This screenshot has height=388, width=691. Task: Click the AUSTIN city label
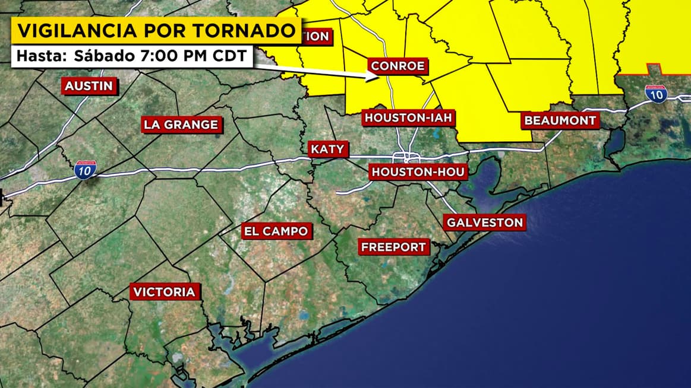point(89,86)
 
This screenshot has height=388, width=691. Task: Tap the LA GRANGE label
point(181,125)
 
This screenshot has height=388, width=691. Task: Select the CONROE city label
point(398,65)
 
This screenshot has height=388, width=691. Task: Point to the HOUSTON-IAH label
point(409,117)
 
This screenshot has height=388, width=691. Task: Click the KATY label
point(327,149)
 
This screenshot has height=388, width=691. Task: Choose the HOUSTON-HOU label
point(418,172)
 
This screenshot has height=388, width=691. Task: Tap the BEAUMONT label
point(560,120)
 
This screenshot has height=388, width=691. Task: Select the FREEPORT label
point(393,247)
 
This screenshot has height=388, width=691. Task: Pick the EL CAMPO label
point(276,231)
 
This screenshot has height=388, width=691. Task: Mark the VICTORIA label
point(164,292)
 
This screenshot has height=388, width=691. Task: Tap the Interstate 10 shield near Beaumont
point(656,94)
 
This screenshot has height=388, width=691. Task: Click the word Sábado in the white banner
point(103,56)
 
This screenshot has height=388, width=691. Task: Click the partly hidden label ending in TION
point(315,36)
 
